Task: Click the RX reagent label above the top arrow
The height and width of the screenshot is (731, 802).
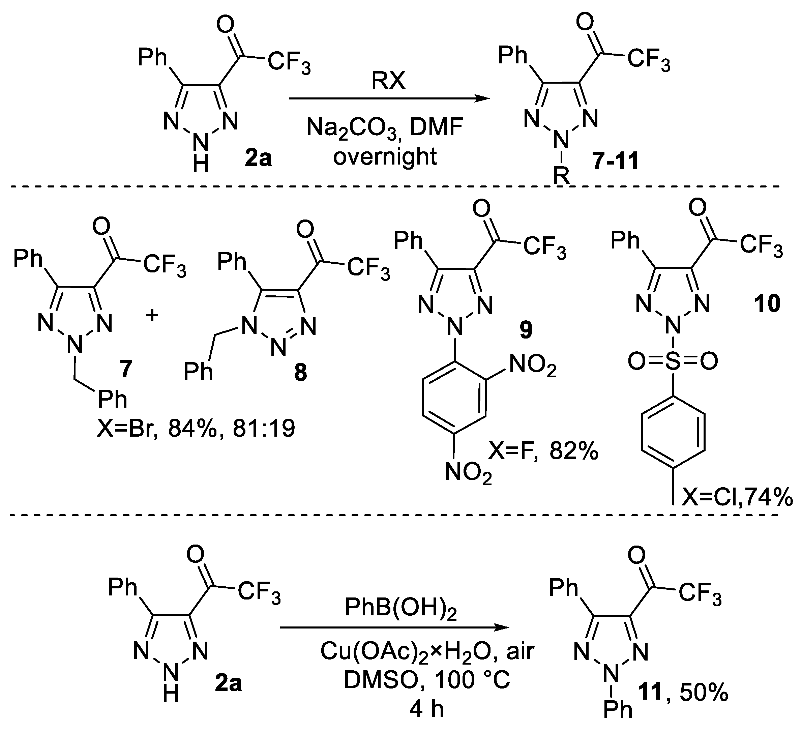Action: pos(388,81)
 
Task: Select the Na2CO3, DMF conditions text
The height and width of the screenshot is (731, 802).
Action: pos(384,128)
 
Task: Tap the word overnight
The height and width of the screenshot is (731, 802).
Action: pos(385,156)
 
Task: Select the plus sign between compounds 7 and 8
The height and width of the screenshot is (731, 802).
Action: pos(152,316)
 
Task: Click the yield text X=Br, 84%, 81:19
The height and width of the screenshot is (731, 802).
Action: pos(196,429)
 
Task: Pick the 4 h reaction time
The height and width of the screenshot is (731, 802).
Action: pos(426,709)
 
